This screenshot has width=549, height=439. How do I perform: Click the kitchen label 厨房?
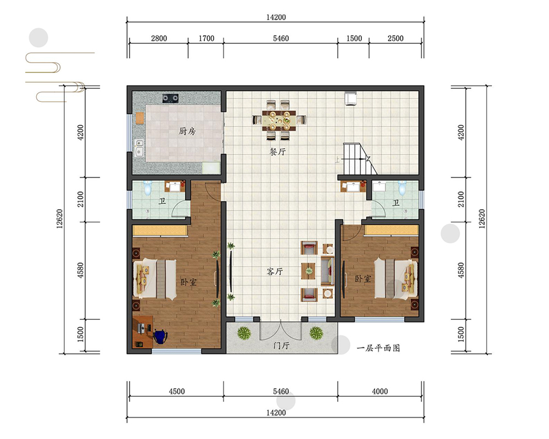point(187,131)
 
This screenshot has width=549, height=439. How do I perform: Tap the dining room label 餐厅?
point(278,151)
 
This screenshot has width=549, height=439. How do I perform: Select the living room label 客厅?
point(275,271)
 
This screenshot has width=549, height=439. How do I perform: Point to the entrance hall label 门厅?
point(281,346)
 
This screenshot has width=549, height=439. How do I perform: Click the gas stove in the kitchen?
point(170,98)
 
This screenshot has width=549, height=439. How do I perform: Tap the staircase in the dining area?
point(360,159)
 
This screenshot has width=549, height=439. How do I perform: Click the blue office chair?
point(160,336)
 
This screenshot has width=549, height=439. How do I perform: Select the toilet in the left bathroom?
point(147,188)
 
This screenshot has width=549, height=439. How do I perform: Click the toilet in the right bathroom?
point(402,188)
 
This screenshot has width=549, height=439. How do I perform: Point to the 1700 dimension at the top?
point(206,38)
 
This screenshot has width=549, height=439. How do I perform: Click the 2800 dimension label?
point(159,38)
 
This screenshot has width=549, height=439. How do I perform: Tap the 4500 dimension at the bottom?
point(177,391)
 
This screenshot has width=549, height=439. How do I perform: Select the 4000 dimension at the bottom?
point(380,391)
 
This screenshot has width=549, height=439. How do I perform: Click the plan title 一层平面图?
point(378,348)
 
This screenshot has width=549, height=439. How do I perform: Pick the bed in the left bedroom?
point(154,279)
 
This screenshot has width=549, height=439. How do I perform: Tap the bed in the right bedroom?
point(396,278)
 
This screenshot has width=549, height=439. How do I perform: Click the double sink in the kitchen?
point(139,148)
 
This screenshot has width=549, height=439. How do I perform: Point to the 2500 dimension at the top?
point(395,38)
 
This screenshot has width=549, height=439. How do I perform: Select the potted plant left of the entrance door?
point(244,333)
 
